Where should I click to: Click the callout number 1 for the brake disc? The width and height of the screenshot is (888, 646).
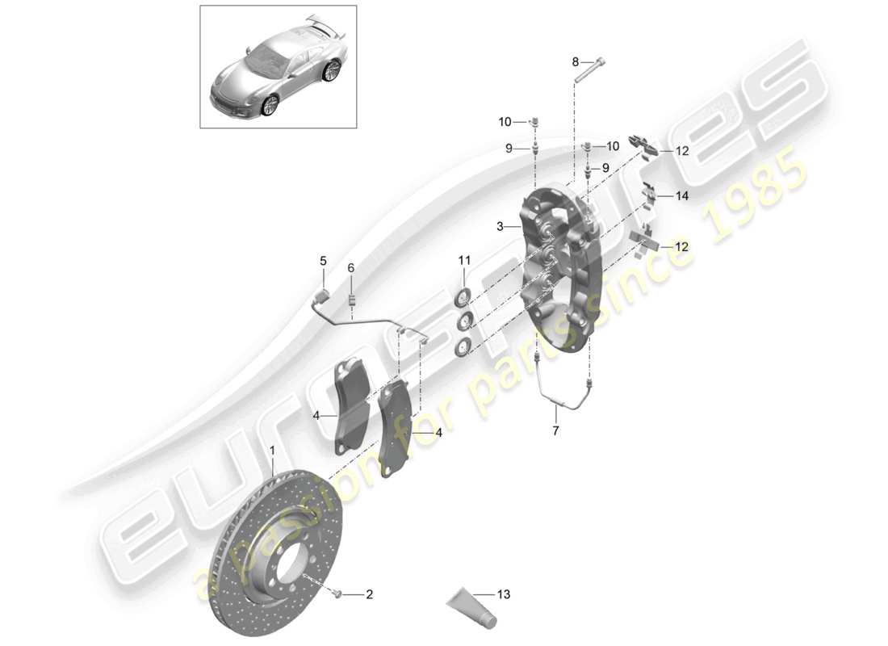click(273, 450)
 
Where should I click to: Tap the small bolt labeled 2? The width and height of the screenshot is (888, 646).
click(338, 595)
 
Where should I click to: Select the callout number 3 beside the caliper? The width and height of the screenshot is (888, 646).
click(501, 227)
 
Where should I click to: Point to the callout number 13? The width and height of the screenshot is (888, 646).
click(505, 595)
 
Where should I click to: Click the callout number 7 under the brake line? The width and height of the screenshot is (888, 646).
click(555, 431)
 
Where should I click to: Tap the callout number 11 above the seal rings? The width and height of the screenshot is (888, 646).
click(463, 260)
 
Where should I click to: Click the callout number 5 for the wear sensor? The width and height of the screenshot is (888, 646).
click(323, 261)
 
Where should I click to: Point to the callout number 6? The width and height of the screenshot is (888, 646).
click(351, 267)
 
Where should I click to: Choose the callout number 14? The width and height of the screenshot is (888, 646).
click(683, 196)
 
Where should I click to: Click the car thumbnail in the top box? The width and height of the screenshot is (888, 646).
click(278, 66)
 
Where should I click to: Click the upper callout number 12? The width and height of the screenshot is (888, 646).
click(683, 151)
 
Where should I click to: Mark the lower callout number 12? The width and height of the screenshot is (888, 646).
click(683, 247)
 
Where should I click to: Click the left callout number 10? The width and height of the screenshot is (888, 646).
click(505, 122)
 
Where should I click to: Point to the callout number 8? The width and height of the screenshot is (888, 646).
click(576, 61)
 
